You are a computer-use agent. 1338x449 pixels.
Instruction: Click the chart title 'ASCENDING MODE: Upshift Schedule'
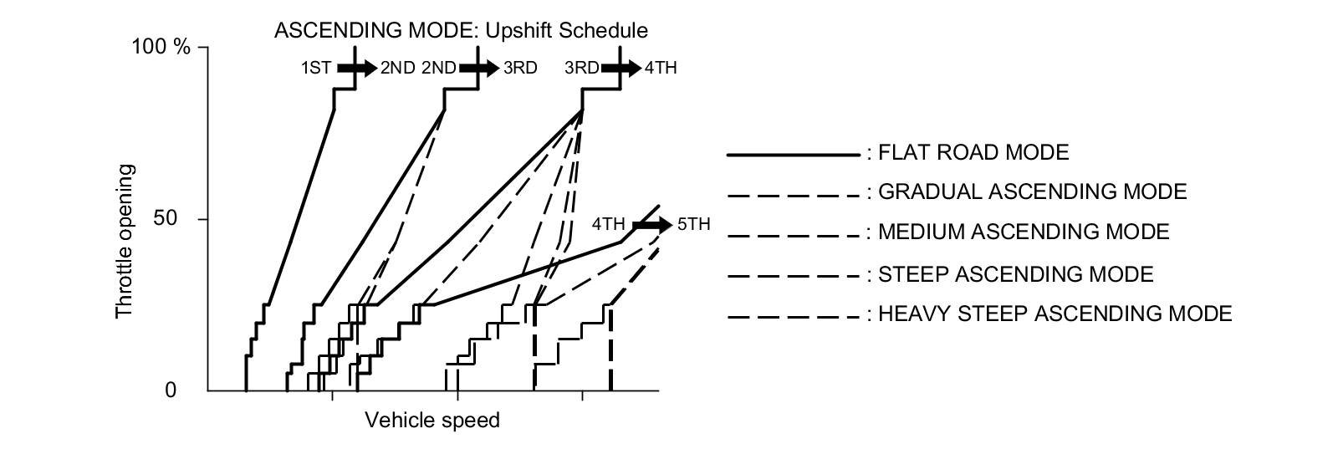(461, 31)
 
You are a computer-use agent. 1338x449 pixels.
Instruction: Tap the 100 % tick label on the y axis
(162, 47)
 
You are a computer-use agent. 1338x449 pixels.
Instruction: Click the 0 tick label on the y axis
(171, 390)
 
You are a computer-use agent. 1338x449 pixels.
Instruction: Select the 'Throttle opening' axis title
(124, 241)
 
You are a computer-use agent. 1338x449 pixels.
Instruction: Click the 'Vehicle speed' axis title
(432, 420)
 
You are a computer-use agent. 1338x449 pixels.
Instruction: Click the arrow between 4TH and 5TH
(652, 225)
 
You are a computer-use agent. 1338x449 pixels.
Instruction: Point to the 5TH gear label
(693, 225)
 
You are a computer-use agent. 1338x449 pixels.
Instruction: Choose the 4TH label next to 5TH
(609, 225)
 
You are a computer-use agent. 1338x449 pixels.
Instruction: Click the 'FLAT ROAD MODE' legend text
(973, 153)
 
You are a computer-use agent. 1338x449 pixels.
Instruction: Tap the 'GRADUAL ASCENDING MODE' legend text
(1032, 192)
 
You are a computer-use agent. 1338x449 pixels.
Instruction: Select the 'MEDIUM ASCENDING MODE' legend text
(1024, 232)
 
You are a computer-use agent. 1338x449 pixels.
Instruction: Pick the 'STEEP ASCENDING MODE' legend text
(1015, 274)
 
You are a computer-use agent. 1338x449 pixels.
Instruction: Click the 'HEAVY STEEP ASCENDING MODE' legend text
(1055, 314)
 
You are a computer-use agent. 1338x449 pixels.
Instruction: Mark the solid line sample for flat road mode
(793, 155)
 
